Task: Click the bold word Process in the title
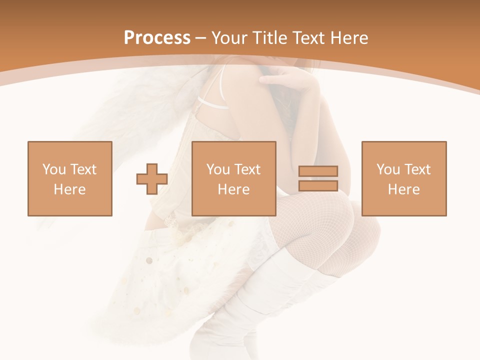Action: coord(157,38)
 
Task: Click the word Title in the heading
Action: coord(270,38)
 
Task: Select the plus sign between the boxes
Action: coord(152,178)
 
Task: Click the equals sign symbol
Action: coord(318,178)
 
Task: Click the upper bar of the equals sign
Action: coord(318,171)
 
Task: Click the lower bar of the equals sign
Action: coord(318,185)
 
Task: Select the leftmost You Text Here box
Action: coord(69,178)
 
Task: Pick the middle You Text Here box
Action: coord(233,178)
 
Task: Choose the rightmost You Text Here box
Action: coord(403,178)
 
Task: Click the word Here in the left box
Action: coord(69,189)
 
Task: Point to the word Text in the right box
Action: coord(416,169)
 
